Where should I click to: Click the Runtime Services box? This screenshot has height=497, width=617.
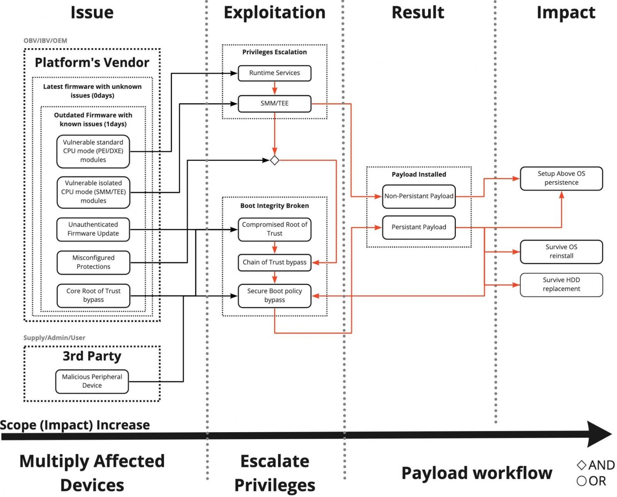[275, 73]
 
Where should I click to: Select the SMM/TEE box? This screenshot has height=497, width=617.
[275, 104]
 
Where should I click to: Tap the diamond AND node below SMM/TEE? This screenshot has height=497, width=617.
[275, 160]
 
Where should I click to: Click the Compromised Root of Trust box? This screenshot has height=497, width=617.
[275, 229]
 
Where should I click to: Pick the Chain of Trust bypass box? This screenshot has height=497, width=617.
[275, 263]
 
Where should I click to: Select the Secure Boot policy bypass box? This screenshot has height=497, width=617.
[275, 296]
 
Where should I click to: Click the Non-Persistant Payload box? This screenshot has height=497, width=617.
[419, 197]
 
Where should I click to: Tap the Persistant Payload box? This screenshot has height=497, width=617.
[419, 227]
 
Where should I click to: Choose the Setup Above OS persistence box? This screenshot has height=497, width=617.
[561, 179]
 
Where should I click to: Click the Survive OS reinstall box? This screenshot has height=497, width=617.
[561, 251]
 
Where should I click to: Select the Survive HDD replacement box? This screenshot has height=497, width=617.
[561, 285]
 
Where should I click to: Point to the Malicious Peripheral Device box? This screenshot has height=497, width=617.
[92, 381]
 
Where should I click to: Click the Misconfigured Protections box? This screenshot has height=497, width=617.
[93, 263]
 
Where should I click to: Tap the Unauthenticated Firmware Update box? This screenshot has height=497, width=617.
[93, 229]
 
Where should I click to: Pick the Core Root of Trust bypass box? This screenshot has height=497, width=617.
[93, 295]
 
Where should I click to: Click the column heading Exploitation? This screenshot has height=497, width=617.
[275, 13]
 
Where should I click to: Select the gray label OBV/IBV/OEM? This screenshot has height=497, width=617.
[45, 41]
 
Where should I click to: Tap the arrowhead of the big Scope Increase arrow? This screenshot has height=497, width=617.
[599, 434]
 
